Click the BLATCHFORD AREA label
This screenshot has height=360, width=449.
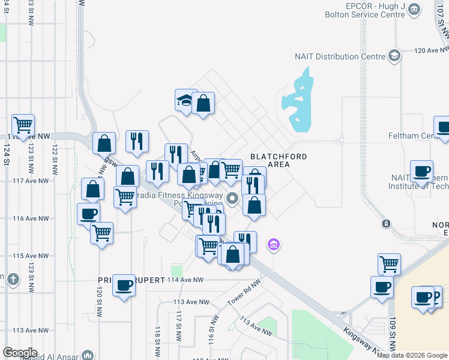(279, 160)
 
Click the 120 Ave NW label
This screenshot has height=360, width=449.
(428, 50)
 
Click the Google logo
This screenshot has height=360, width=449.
(20, 353)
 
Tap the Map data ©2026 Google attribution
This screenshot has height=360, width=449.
(412, 355)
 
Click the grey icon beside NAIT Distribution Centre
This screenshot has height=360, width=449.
(394, 56)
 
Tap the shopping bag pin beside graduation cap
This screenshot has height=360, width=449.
(203, 104)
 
